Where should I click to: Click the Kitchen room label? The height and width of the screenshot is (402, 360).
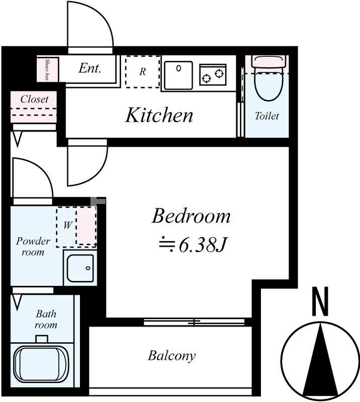pyautogui.click(x=159, y=115)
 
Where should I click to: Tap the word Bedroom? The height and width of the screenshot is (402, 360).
pyautogui.click(x=191, y=216)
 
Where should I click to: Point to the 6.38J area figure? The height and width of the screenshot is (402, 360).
pyautogui.click(x=202, y=245)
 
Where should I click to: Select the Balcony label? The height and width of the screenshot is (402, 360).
pyautogui.click(x=171, y=356)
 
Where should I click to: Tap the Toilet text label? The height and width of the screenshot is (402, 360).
pyautogui.click(x=267, y=116)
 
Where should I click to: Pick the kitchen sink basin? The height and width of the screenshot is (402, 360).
pyautogui.click(x=178, y=75)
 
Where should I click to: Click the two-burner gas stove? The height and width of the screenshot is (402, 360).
pyautogui.click(x=213, y=74)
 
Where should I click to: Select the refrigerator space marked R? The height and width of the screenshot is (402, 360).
pyautogui.click(x=143, y=72)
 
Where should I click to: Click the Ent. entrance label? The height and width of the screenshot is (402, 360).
pyautogui.click(x=90, y=68)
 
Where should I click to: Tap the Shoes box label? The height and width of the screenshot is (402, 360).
pyautogui.click(x=47, y=69)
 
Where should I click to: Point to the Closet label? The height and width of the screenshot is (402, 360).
pyautogui.click(x=34, y=99)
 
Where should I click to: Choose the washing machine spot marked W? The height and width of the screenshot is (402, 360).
pyautogui.click(x=68, y=225)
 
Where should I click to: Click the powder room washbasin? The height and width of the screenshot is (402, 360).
pyautogui.click(x=80, y=268)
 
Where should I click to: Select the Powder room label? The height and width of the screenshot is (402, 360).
pyautogui.click(x=33, y=247)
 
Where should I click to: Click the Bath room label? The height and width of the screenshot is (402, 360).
pyautogui.click(x=46, y=320)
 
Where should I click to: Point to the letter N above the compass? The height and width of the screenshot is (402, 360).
pyautogui.click(x=320, y=301)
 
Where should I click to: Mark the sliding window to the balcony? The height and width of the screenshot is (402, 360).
pyautogui.click(x=194, y=322)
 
